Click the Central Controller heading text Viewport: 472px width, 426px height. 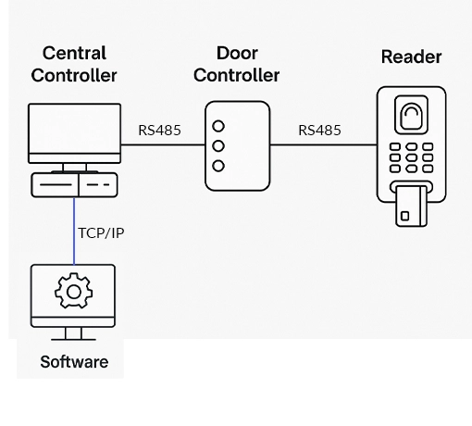[x=74, y=64]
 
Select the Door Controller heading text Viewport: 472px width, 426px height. [x=236, y=64]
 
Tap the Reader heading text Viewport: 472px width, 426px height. [x=411, y=57]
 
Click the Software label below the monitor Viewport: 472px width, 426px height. [x=74, y=362]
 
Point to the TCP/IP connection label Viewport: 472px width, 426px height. [x=100, y=232]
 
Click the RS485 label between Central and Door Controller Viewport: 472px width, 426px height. [x=159, y=131]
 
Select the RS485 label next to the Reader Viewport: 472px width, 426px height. [x=319, y=131]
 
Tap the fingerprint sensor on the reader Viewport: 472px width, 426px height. [x=410, y=115]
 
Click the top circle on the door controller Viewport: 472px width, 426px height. [x=218, y=126]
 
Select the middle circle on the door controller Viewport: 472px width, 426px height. [x=218, y=145]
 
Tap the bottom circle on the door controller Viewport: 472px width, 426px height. [x=218, y=166]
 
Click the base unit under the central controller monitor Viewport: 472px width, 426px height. [x=74, y=185]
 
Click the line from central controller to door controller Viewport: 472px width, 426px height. [x=162, y=144]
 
